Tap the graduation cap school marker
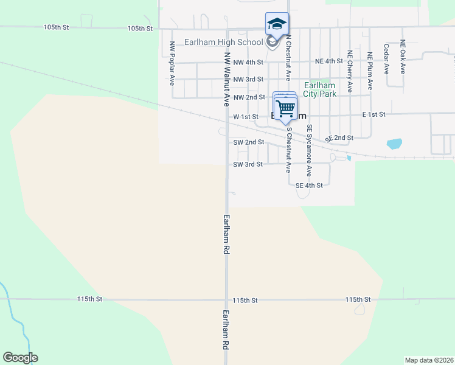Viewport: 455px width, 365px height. click(277, 25)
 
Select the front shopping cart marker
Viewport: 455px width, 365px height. click(285, 109)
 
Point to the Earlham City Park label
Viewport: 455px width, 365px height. click(320, 90)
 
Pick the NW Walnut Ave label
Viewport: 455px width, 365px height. click(226, 75)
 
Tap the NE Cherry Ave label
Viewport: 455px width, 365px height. click(350, 71)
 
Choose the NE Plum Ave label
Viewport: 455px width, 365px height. click(370, 72)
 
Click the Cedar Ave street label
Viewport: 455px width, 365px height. click(386, 58)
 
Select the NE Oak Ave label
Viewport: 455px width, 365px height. click(403, 57)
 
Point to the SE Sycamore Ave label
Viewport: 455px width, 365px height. click(309, 150)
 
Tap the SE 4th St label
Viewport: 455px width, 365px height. click(309, 186)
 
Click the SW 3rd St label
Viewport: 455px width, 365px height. click(248, 164)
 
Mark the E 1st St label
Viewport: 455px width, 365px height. click(374, 114)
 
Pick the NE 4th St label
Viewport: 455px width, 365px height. click(329, 61)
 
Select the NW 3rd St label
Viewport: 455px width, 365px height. click(248, 80)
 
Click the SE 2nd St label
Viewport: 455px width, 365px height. click(339, 138)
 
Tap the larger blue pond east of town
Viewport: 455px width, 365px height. click(394, 144)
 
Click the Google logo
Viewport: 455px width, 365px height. click(20, 358)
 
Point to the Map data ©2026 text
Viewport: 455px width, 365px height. click(428, 360)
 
